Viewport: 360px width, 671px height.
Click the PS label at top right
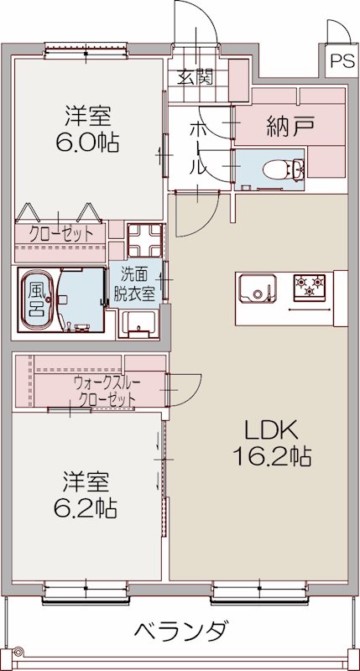click(341, 60)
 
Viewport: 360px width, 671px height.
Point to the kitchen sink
click(254, 291)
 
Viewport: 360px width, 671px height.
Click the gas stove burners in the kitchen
click(310, 288)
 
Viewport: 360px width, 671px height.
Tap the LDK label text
click(270, 430)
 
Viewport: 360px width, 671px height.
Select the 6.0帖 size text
click(86, 141)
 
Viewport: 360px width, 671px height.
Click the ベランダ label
click(179, 631)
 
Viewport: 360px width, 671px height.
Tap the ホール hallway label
click(197, 148)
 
